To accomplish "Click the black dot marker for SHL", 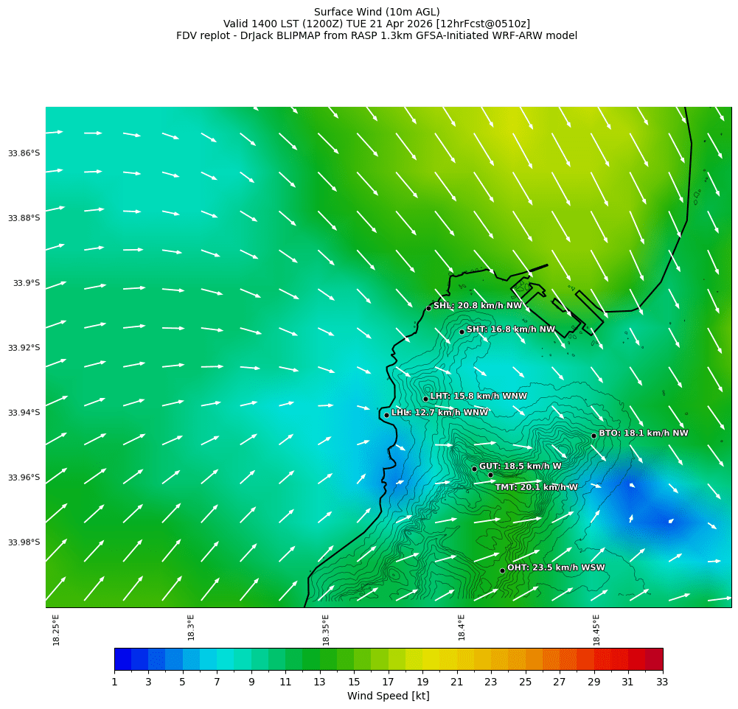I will tap(428, 308).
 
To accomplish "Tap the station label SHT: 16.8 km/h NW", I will tap(510, 329).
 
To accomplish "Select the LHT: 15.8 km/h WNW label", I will tap(478, 396).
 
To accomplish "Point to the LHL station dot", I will tap(386, 415).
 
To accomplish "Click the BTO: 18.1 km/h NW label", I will tap(643, 433).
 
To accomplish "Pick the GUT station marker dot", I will tap(474, 469).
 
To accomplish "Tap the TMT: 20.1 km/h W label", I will tap(536, 487).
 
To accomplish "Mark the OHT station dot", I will tap(502, 570).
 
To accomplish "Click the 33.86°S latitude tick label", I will tap(24, 153).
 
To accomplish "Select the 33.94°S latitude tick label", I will tap(24, 413).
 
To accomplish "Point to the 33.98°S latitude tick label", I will tap(24, 542).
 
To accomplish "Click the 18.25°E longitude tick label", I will tap(57, 629).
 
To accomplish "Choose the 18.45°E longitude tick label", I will tap(596, 629).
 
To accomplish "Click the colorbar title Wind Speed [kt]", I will tap(388, 696).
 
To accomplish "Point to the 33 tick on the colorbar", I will tap(662, 682).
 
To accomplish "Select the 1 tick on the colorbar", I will tap(114, 682).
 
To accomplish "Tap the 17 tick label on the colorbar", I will tap(388, 682).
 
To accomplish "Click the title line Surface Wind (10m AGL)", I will tap(377, 12).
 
